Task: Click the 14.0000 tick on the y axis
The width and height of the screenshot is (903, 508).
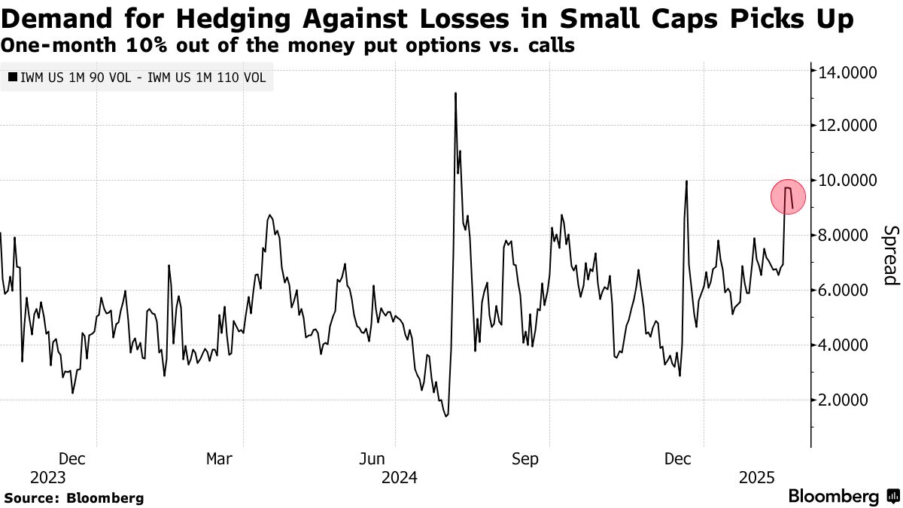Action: [847, 71]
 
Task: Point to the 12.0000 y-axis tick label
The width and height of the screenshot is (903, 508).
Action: [847, 126]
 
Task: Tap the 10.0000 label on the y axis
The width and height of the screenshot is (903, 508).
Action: [847, 181]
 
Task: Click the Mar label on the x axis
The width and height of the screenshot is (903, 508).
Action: [219, 458]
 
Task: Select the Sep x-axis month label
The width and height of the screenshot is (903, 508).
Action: [524, 458]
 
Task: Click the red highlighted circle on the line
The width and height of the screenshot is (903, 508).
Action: [788, 198]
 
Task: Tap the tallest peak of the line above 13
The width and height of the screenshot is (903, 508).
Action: [455, 93]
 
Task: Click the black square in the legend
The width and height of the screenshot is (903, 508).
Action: [11, 76]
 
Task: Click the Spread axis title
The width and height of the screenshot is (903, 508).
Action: [890, 255]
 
